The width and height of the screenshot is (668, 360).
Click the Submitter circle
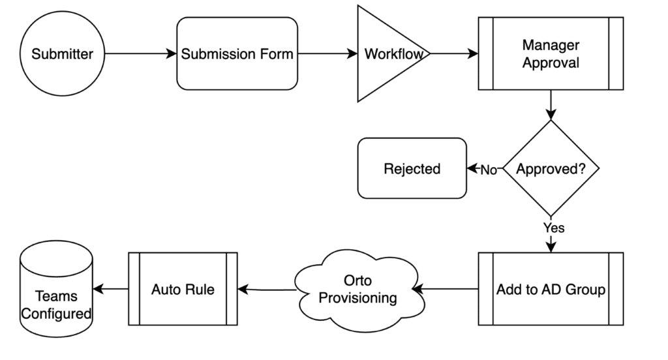tap(62, 54)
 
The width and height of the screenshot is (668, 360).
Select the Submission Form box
tap(237, 54)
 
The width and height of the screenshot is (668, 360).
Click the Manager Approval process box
tap(551, 54)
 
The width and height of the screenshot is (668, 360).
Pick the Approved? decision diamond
tap(551, 169)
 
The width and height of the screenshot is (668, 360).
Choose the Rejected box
tap(412, 169)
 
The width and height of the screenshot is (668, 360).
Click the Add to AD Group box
tap(551, 289)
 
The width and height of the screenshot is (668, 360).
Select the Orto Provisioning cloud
tap(357, 289)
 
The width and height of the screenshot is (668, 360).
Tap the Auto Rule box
tap(183, 289)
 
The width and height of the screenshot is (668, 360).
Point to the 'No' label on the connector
tap(489, 170)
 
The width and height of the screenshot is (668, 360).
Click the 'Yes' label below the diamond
tap(553, 228)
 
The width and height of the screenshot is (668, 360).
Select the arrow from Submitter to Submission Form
tap(140, 54)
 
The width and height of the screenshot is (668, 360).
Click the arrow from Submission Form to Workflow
tap(327, 54)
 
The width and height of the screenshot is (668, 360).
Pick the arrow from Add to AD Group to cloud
tap(448, 288)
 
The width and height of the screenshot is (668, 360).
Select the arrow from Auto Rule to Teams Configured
tap(110, 289)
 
